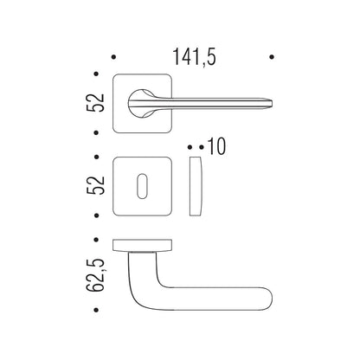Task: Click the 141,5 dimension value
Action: (194, 57)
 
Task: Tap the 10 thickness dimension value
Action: (216, 146)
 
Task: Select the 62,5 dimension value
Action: (95, 275)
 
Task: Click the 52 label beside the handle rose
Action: (95, 102)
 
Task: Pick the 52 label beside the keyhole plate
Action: (95, 185)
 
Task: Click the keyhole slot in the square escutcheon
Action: (142, 186)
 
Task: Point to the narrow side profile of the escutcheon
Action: (196, 186)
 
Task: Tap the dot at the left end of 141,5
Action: (113, 57)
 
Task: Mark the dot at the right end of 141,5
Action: (272, 57)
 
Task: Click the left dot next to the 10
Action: (190, 147)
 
